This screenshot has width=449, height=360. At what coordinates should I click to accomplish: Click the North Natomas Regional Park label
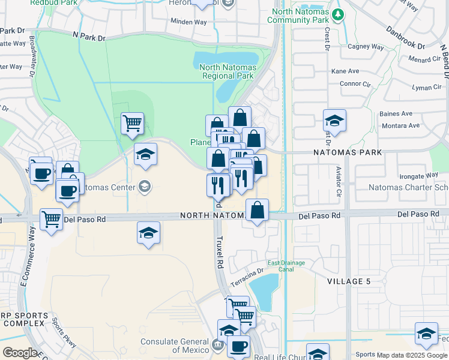(x=228, y=72)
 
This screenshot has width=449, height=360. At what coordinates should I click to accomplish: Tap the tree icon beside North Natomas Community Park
(x=339, y=14)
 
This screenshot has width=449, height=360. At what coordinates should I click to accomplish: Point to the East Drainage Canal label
(x=286, y=266)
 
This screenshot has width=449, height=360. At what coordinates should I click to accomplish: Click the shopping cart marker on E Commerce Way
(x=52, y=219)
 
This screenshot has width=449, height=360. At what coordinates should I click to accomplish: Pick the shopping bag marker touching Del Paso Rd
(x=257, y=210)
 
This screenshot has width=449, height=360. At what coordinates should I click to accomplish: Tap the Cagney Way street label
(x=366, y=47)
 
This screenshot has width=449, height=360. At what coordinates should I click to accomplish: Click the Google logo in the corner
(x=19, y=353)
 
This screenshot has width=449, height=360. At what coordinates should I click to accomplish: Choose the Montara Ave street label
(x=401, y=125)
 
